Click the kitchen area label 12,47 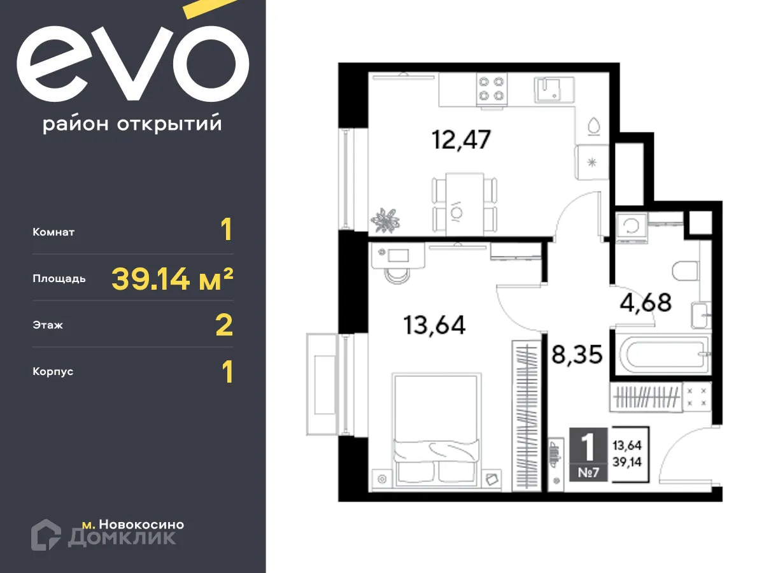tap(462, 139)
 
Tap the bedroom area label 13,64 tap(434, 325)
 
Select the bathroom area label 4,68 tap(646, 302)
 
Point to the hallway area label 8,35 tap(577, 353)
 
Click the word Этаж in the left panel tap(48, 325)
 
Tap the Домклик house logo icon tap(46, 534)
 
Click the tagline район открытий tap(132, 124)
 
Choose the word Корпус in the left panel tap(53, 371)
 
